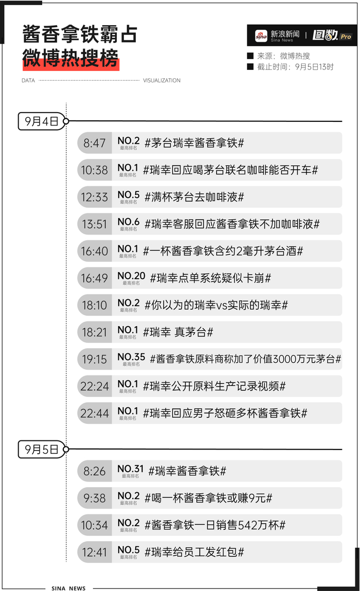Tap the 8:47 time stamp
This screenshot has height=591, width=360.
[x=95, y=143]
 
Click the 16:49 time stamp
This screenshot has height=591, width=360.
[x=95, y=278]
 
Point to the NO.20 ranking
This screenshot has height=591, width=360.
[x=131, y=276]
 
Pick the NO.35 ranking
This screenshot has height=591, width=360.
[x=131, y=357]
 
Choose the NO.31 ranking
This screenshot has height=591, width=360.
[x=131, y=469]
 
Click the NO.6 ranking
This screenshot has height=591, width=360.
[x=129, y=222]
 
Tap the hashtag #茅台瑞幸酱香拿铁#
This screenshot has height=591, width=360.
[x=194, y=143]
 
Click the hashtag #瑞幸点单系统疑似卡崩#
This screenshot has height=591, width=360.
[x=210, y=278]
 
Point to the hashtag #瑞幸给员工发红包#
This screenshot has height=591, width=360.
[x=194, y=552]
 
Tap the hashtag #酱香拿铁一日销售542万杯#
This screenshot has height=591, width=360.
[x=215, y=525]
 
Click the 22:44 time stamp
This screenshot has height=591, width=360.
[x=95, y=414]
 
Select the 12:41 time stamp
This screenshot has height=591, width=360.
[x=95, y=552]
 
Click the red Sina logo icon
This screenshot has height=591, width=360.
[x=262, y=36]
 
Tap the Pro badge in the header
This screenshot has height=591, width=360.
[x=346, y=37]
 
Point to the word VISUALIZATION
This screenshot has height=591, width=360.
[x=161, y=81]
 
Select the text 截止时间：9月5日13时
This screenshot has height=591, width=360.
[x=295, y=66]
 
